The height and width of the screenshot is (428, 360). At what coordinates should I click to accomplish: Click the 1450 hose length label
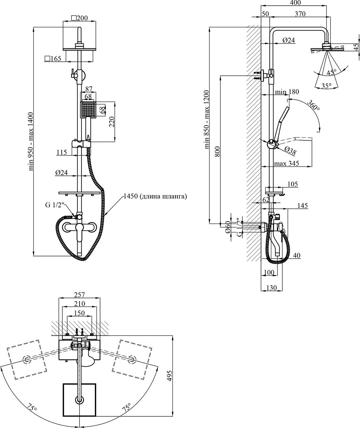(x=155, y=197)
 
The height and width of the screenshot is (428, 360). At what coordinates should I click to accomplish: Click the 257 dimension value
(x=79, y=295)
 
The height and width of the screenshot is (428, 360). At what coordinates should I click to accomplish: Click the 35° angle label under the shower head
(x=327, y=86)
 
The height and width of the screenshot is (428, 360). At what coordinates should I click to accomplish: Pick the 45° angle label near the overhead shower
(x=331, y=72)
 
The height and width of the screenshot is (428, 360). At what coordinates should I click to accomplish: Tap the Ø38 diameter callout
(x=290, y=151)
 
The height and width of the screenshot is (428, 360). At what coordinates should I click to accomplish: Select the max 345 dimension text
(x=287, y=163)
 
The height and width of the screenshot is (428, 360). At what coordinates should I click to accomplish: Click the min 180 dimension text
(x=287, y=92)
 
